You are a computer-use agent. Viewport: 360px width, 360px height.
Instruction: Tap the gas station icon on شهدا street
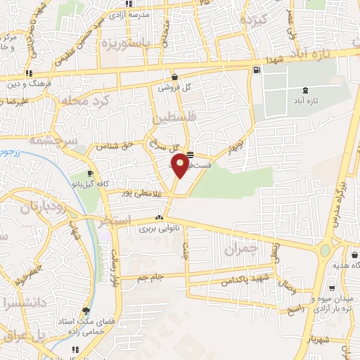pos(255,70)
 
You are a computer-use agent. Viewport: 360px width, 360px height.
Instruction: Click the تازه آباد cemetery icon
pos(304,91)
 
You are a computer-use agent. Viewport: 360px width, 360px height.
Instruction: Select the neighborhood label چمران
pos(240,249)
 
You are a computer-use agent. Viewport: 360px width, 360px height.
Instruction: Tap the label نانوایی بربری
pos(157,229)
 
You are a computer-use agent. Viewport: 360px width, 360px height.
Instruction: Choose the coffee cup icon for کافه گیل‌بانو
pos(90,174)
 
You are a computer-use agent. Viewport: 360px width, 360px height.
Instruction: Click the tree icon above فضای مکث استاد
pos(86,310)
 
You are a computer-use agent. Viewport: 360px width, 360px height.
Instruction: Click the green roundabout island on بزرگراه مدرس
pos(326,250)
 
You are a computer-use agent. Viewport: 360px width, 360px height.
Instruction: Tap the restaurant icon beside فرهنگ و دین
pos(29,73)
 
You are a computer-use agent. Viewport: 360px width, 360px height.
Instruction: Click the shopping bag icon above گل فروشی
pos(174,77)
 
